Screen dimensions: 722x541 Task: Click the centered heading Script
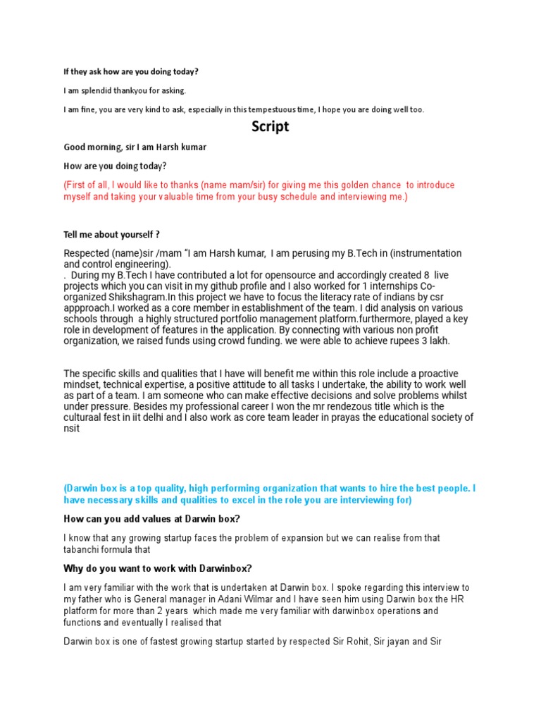click(270, 128)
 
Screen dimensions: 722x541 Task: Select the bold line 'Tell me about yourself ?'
click(116, 234)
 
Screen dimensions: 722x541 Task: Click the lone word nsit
click(71, 429)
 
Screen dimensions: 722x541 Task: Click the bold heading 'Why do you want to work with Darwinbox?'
click(158, 568)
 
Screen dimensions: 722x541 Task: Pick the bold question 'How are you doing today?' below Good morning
click(116, 166)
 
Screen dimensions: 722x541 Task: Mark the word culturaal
click(86, 417)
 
